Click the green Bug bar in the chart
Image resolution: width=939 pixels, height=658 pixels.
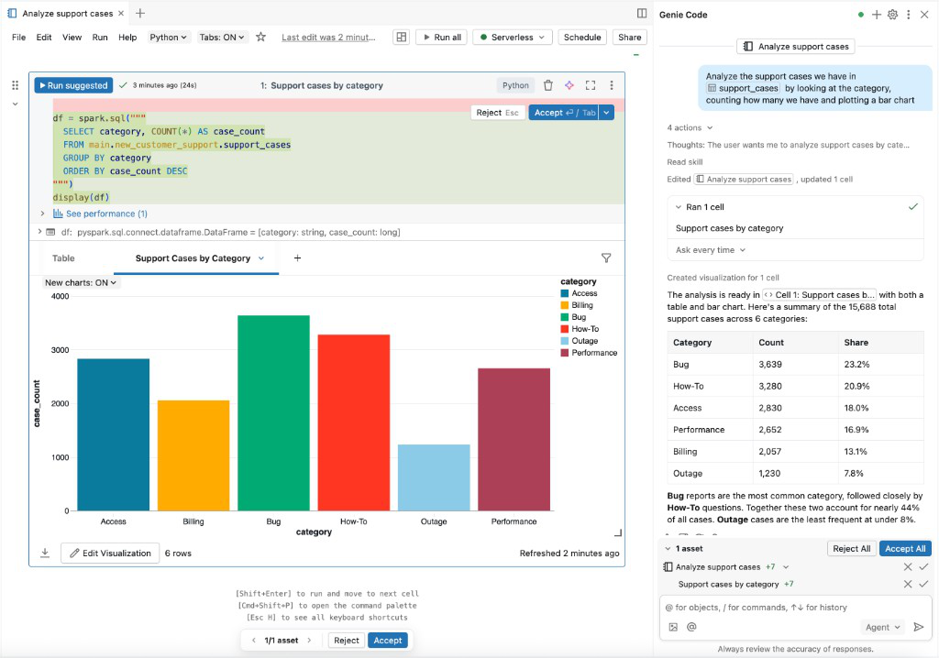click(x=273, y=412)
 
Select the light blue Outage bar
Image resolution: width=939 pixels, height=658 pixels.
click(x=434, y=477)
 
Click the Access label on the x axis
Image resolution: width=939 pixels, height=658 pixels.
click(x=114, y=521)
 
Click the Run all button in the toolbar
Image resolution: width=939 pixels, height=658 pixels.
click(x=441, y=38)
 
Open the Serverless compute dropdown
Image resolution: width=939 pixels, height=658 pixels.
click(x=512, y=38)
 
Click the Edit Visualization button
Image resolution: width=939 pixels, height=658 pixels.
click(x=109, y=553)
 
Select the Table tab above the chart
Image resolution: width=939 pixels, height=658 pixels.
click(x=63, y=258)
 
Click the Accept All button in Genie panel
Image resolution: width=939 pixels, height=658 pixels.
click(x=904, y=548)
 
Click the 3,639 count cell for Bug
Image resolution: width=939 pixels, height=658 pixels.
click(x=770, y=364)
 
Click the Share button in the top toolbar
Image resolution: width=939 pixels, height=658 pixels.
click(x=630, y=38)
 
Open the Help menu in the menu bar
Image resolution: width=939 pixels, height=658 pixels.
click(x=127, y=38)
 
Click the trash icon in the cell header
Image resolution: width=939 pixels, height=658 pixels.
click(x=548, y=85)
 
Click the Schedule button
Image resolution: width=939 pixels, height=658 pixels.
click(x=582, y=38)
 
